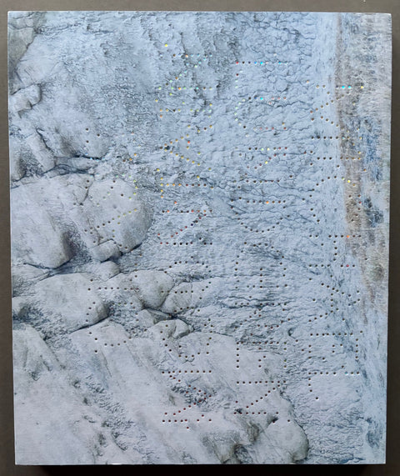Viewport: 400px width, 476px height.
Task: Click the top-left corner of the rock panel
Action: point(9,13)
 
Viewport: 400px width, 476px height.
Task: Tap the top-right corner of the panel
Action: point(391,13)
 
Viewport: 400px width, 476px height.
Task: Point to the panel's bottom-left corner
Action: point(12,464)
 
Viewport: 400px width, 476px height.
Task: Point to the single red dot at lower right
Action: point(348,265)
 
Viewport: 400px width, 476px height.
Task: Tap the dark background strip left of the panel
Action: point(3,250)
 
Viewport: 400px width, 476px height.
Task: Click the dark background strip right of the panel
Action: point(395,250)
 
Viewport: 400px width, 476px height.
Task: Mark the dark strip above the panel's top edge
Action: point(200,5)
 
